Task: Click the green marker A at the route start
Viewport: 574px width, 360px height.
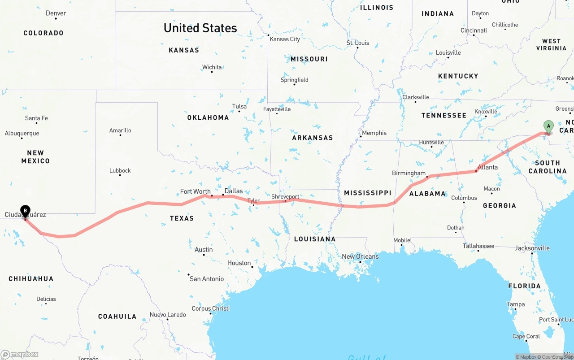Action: [548, 126]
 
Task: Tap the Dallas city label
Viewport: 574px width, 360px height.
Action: [233, 191]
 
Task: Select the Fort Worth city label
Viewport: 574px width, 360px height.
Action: [195, 191]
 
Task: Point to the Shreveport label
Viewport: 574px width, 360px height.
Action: [285, 197]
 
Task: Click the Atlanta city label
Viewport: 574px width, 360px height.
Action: [487, 167]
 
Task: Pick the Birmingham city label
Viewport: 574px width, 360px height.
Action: [409, 173]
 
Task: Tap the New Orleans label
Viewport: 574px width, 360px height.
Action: [360, 256]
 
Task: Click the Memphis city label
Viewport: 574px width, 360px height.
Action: [374, 133]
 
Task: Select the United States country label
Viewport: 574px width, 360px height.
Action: [200, 28]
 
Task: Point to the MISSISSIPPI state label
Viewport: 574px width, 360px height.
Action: [368, 193]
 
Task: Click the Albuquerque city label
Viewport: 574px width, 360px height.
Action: [22, 133]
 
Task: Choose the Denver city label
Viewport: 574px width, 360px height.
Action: [56, 13]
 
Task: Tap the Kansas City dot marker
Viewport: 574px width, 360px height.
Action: [269, 35]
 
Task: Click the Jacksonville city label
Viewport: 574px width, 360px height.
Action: [532, 248]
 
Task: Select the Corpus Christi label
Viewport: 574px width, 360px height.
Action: [210, 308]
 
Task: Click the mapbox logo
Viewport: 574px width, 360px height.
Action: [20, 355]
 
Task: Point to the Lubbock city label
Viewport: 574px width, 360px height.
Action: [120, 170]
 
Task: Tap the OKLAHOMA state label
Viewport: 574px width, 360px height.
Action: [208, 117]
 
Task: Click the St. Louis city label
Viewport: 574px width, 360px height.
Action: [358, 43]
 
